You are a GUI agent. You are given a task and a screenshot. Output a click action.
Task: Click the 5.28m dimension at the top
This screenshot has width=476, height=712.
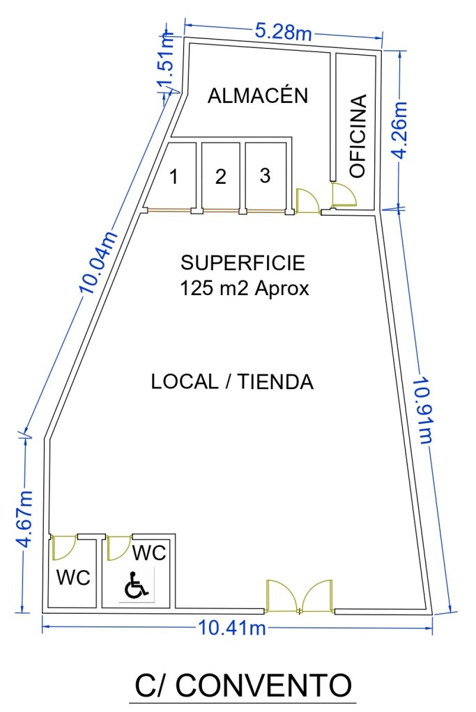[x=283, y=32]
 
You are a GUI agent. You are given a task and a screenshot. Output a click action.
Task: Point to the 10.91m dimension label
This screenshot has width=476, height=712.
[x=424, y=409]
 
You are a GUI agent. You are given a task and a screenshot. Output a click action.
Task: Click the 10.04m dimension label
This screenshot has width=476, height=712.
[x=98, y=262]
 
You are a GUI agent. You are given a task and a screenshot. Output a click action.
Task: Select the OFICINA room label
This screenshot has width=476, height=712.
[x=358, y=136]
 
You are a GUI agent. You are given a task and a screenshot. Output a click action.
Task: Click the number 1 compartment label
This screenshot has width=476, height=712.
[x=174, y=177]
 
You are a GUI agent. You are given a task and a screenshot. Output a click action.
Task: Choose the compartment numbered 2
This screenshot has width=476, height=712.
[x=220, y=176]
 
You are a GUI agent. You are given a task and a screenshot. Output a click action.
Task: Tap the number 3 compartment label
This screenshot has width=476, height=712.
[x=265, y=175]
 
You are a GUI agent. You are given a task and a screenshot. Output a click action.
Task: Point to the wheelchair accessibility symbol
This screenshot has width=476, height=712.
[x=136, y=585]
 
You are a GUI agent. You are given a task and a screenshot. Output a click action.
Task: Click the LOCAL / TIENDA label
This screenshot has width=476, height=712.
[x=232, y=381]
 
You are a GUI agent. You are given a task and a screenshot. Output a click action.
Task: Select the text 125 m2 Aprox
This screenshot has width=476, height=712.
[x=245, y=288]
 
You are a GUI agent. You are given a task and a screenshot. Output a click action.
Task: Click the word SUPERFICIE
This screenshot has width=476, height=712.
[x=243, y=263]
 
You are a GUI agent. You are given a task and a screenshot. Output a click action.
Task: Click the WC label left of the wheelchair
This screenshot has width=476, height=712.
[x=73, y=578]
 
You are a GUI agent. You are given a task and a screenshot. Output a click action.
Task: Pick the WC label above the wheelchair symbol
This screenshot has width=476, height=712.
[x=149, y=553]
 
